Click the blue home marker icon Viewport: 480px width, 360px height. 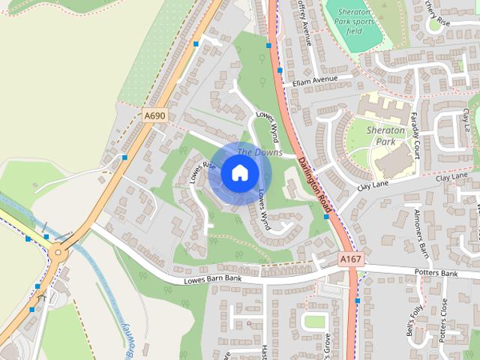[238, 173]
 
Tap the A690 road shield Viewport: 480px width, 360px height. [154, 115]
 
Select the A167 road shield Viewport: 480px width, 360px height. [349, 259]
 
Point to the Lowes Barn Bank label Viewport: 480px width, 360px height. [213, 280]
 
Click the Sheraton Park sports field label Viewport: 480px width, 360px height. [353, 22]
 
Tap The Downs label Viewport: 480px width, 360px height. [259, 153]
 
